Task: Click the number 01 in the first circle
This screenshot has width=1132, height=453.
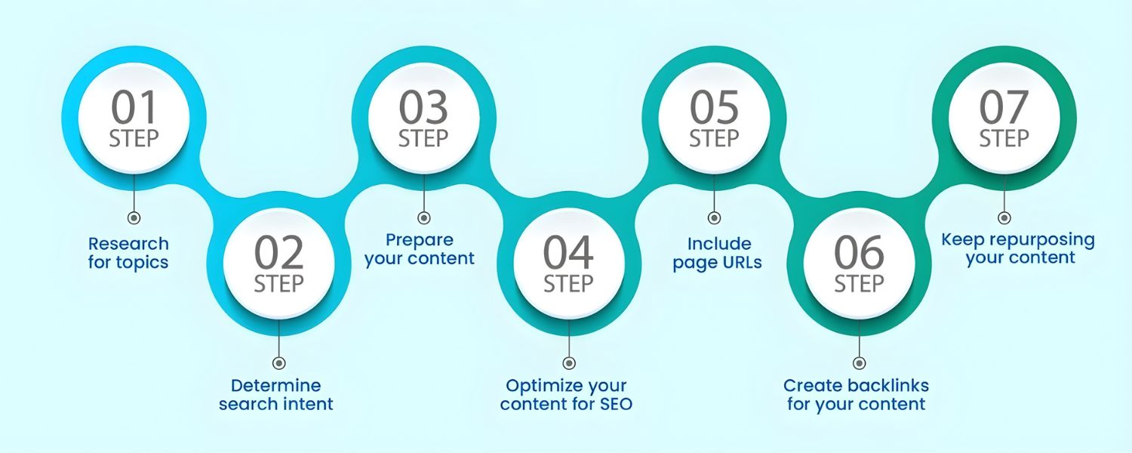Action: (x=134, y=108)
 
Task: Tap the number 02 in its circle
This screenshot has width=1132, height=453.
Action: (x=278, y=254)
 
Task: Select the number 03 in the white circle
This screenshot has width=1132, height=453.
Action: (x=423, y=108)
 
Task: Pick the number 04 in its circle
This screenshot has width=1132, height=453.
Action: (x=568, y=254)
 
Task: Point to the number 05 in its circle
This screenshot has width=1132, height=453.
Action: (x=713, y=108)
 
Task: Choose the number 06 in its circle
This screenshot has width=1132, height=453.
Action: (x=858, y=254)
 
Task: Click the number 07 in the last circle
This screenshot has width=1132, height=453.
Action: (x=1004, y=108)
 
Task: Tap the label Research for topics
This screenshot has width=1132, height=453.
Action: (x=128, y=253)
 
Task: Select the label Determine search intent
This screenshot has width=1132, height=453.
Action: (x=276, y=394)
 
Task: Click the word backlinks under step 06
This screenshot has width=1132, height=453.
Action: (x=887, y=386)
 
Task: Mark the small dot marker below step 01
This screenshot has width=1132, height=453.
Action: (x=134, y=217)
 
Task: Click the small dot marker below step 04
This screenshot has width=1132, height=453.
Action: (x=569, y=363)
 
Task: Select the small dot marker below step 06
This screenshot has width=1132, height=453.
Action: (x=859, y=363)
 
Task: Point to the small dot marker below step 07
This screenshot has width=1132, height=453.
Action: (x=1004, y=217)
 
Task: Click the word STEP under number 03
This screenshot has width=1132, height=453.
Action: (x=423, y=139)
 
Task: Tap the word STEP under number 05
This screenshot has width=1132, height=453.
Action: (x=713, y=139)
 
